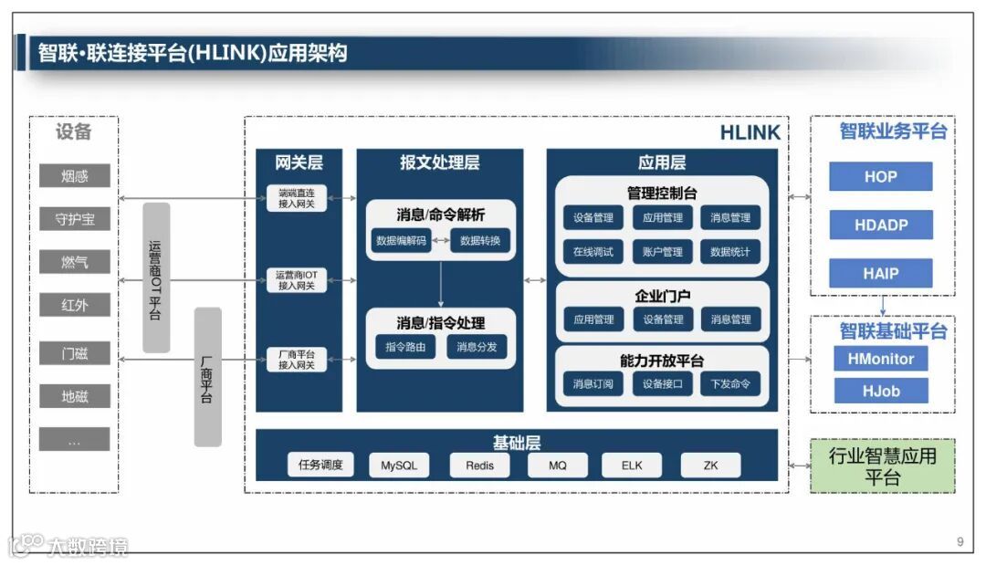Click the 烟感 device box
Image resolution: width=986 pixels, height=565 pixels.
point(74,176)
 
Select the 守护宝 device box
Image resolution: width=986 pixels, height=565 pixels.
point(74,219)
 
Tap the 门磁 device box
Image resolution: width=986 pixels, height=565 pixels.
point(74,353)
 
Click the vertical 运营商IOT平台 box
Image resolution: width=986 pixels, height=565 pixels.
point(156,277)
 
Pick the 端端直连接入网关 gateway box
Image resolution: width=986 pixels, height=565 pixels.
point(297,198)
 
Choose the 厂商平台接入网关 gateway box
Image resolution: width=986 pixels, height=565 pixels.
point(297,360)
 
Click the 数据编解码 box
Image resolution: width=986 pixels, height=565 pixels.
point(402,241)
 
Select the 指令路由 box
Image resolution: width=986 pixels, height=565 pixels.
point(405,347)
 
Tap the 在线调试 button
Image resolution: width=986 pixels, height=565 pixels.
point(593,252)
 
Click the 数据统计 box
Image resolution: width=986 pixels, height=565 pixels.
point(730,252)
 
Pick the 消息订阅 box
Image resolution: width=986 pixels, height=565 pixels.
point(593,384)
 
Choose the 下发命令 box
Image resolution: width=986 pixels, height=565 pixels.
point(730,384)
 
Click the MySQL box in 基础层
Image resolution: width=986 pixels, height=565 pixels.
point(399,466)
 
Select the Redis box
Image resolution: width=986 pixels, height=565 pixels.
point(479,466)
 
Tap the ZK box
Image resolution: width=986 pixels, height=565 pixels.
point(710,466)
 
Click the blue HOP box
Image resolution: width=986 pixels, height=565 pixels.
point(880,177)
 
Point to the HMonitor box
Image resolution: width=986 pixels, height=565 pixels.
point(880,359)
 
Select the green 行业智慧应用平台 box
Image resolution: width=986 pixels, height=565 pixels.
point(882,466)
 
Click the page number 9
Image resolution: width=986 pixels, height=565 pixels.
point(960,542)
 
